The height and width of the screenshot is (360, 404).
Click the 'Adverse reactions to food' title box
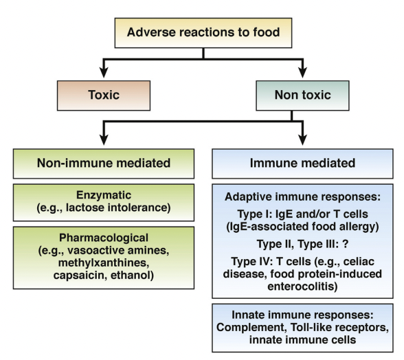pyautogui.click(x=203, y=33)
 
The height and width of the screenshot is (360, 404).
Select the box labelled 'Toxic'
pyautogui.click(x=104, y=95)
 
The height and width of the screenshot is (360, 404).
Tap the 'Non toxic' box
pyautogui.click(x=302, y=95)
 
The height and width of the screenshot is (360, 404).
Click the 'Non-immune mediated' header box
pyautogui.click(x=104, y=164)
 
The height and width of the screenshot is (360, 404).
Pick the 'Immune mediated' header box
pyautogui.click(x=302, y=164)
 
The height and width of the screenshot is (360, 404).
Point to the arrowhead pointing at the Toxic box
pyautogui.click(x=104, y=72)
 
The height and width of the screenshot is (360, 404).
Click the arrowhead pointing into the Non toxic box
pyautogui.click(x=302, y=72)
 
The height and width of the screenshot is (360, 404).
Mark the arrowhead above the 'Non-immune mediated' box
pyautogui.click(x=104, y=139)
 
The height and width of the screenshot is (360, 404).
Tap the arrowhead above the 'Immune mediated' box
pyautogui.click(x=302, y=139)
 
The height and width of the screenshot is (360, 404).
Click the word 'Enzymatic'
pyautogui.click(x=104, y=195)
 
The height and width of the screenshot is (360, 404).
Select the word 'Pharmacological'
pyautogui.click(x=104, y=238)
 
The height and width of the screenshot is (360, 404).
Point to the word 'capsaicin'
pyautogui.click(x=79, y=275)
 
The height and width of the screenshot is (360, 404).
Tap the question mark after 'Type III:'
pyautogui.click(x=345, y=244)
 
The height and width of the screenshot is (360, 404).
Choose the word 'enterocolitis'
pyautogui.click(x=302, y=286)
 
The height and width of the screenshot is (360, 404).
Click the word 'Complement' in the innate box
pyautogui.click(x=251, y=328)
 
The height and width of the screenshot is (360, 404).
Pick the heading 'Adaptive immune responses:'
pyautogui.click(x=302, y=197)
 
